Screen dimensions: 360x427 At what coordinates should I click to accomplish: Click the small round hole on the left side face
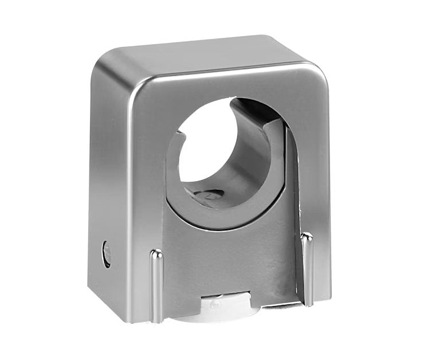106,254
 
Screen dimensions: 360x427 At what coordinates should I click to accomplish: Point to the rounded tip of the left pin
156,253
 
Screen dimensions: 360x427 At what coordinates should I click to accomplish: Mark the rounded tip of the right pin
307,236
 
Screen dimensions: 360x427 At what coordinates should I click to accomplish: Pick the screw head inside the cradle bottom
209,195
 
